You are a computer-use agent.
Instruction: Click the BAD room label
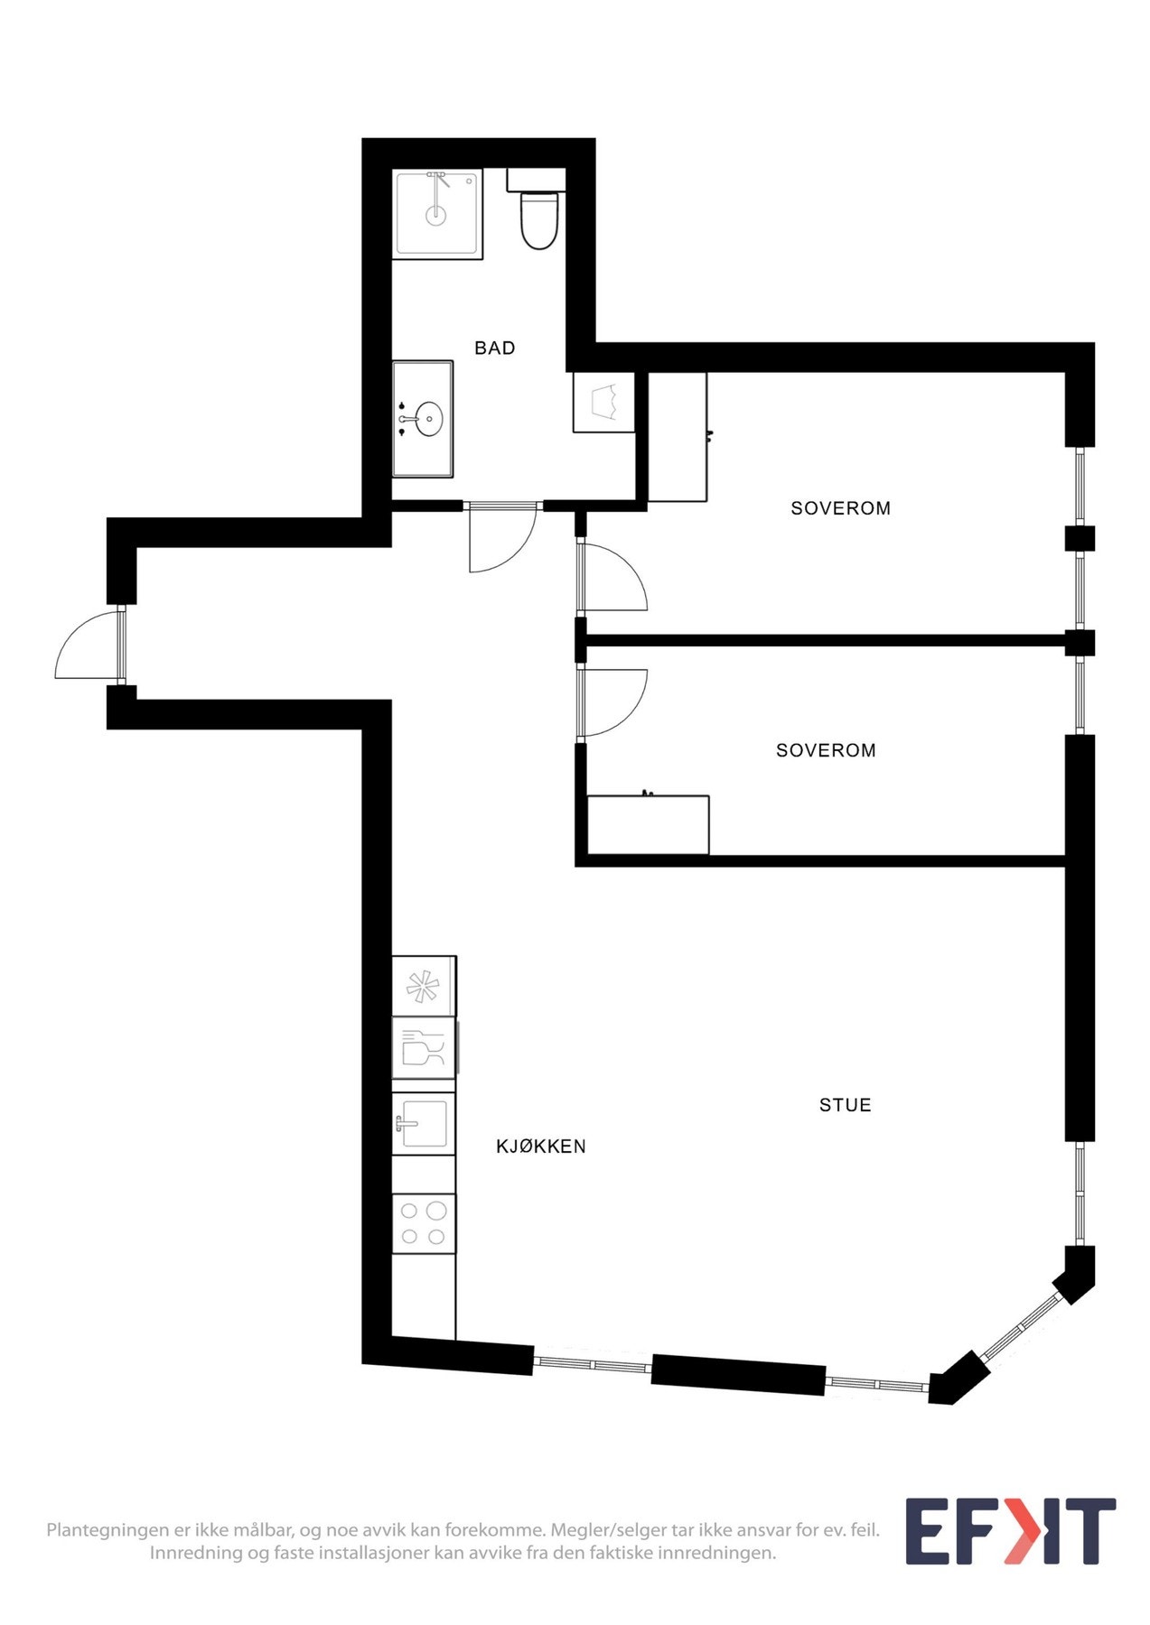(x=494, y=348)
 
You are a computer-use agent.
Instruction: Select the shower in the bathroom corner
(x=437, y=212)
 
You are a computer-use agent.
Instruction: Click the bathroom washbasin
(x=428, y=419)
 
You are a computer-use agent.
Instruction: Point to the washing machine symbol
(x=603, y=402)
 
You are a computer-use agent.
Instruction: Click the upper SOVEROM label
(x=840, y=508)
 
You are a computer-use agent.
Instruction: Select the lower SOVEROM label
(x=826, y=750)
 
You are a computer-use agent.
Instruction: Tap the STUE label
(x=845, y=1105)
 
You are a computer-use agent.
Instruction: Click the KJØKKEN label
(x=540, y=1147)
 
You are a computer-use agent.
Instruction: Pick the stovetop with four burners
(x=424, y=1223)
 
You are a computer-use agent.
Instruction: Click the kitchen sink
(x=423, y=1124)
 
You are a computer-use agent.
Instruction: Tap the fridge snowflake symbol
(x=422, y=986)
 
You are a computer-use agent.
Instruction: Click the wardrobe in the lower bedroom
(x=648, y=824)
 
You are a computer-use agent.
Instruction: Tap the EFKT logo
(x=1010, y=1532)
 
